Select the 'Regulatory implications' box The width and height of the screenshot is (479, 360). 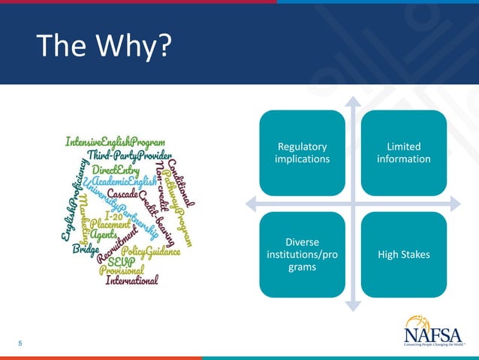coord(303,153)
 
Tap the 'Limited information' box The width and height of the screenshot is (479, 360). coord(403,153)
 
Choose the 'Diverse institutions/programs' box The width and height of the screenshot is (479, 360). coord(303,254)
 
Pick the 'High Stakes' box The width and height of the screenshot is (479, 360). coord(403,254)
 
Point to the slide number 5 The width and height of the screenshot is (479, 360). coord(20,344)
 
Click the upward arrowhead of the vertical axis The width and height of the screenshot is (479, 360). coord(353,101)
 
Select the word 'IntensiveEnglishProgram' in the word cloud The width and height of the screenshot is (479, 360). coord(115,141)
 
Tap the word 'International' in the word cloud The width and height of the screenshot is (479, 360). coord(132,281)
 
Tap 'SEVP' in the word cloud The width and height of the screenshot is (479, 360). coord(121,261)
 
